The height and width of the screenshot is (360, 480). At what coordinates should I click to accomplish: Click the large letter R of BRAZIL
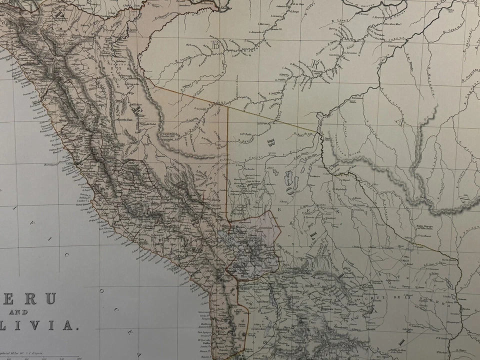pos(315,64)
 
